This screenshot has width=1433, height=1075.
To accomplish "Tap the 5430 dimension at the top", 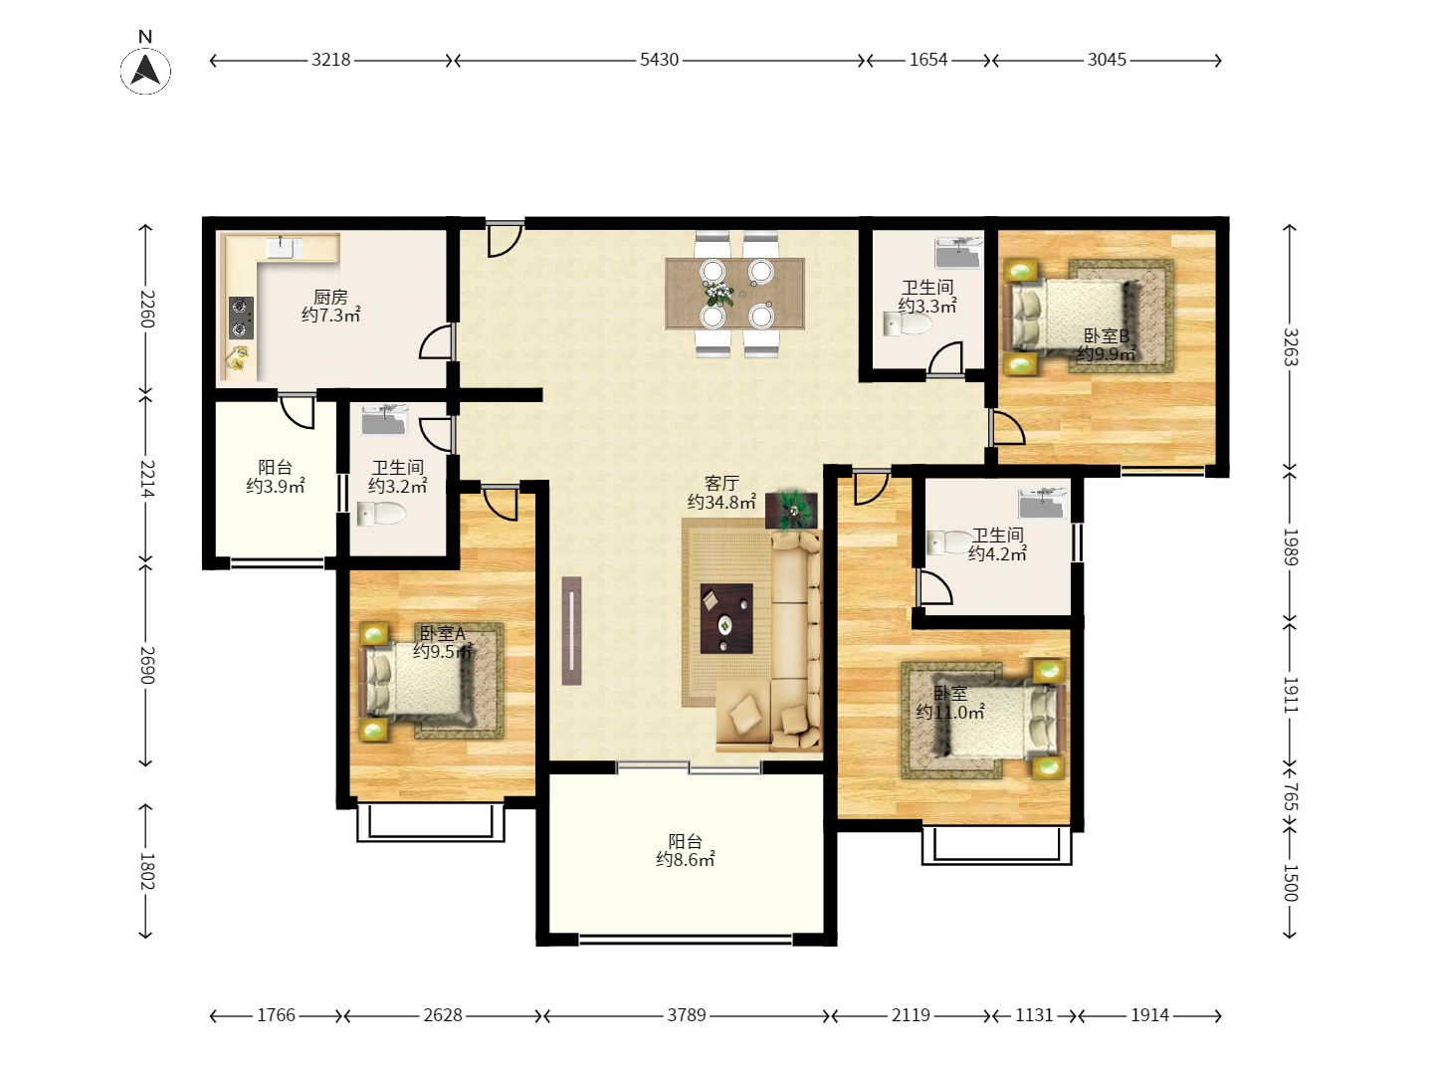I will coord(658,60).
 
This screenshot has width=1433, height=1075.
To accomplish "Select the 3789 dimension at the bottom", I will coord(686,1015).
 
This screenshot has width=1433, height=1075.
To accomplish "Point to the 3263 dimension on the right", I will coord(1290,346).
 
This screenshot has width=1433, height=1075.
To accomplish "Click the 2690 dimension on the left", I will coord(146,665).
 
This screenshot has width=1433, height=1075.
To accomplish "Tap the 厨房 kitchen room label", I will coord(330,297).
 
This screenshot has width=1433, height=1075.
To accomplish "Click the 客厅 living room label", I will coord(721,484).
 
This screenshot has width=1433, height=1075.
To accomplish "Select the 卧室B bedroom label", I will coord(1106,336).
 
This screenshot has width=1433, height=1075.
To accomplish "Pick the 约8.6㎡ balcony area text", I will coord(685,860).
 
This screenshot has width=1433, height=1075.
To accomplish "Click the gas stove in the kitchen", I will coord(240,318).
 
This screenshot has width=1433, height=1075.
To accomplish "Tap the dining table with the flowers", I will coord(734,293).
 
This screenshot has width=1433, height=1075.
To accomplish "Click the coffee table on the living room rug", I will coord(725,618).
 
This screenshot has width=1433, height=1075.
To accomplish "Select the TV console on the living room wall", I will coord(571,631).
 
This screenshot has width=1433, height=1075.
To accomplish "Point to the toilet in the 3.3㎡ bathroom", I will coord(907,324).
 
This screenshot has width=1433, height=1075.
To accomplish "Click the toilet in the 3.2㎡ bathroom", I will coord(381,514).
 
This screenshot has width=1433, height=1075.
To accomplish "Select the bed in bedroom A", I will coord(417,682).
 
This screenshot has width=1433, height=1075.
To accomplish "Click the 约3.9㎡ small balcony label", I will coord(275,486).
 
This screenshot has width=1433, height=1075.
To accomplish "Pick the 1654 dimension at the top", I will coord(927,60).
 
